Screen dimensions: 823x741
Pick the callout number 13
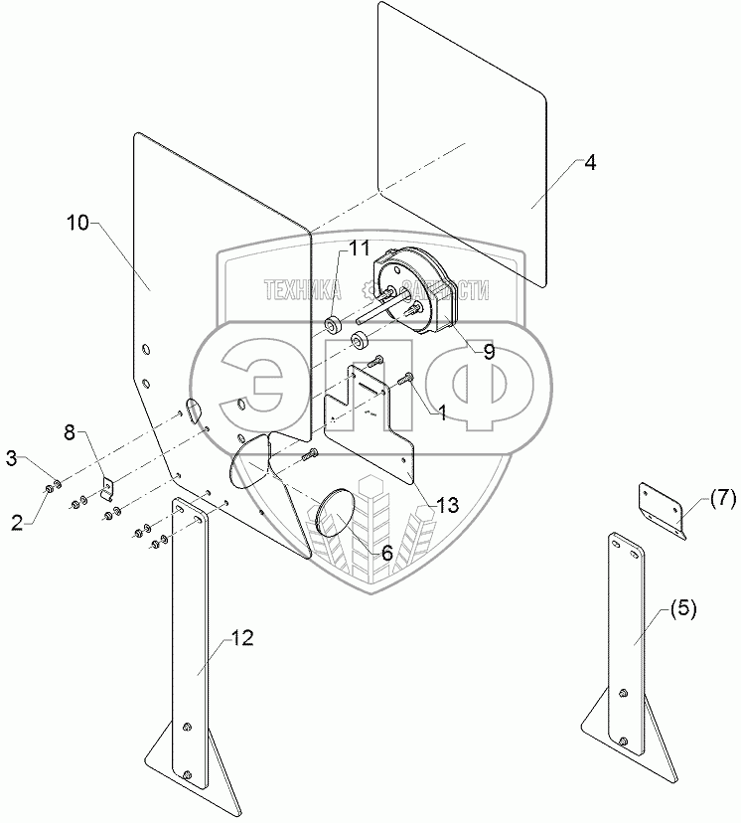pyautogui.click(x=449, y=505)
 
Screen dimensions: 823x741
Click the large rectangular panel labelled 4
pyautogui.click(x=462, y=139)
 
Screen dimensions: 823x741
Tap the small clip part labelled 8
pyautogui.click(x=108, y=488)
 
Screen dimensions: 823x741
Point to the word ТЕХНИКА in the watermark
pyautogui.click(x=302, y=289)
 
